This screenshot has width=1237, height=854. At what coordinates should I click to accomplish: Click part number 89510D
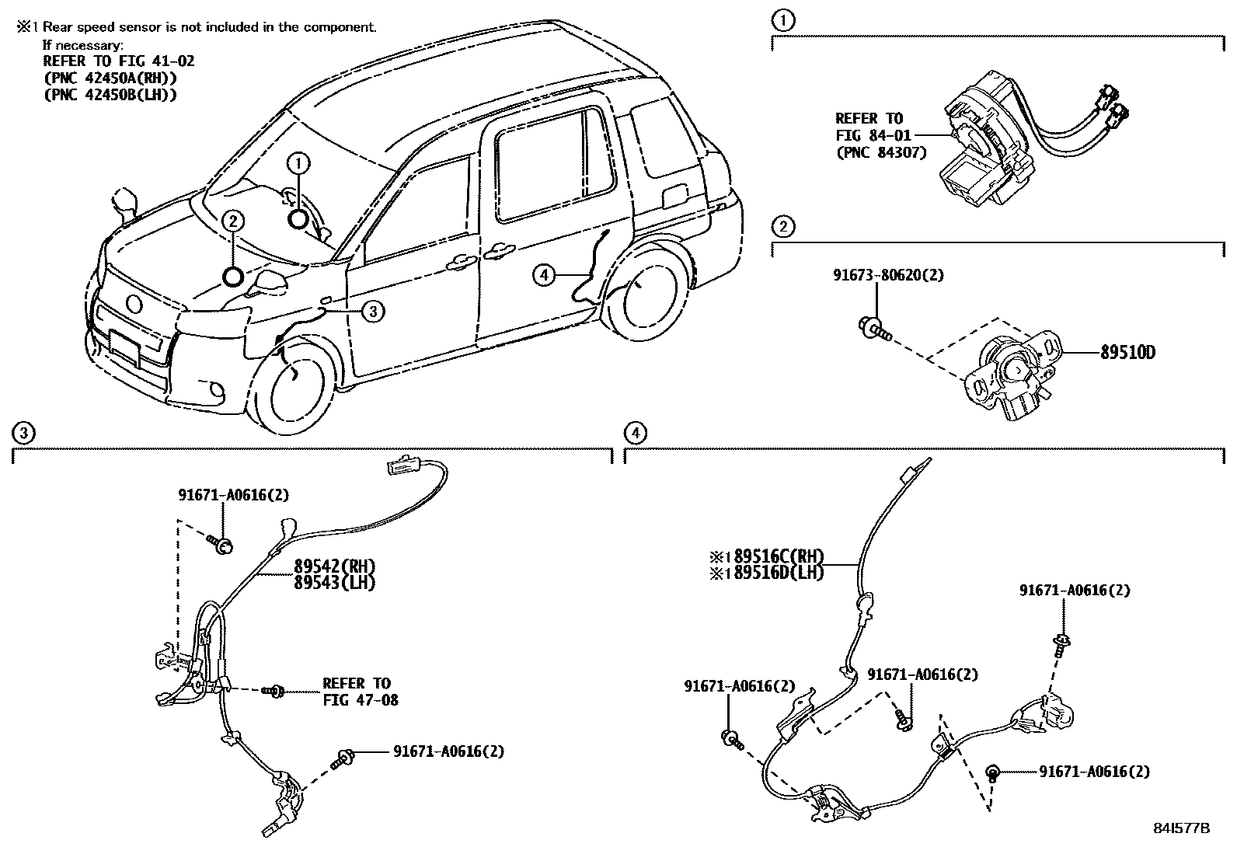point(1127,353)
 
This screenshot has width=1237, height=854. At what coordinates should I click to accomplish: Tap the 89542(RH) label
point(334,566)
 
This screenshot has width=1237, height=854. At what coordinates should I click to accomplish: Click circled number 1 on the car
point(298,163)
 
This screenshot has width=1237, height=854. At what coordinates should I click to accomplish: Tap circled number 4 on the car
point(544,274)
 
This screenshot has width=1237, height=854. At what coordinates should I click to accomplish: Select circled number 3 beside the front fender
point(373,312)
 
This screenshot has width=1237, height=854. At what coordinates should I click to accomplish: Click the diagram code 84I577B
point(1182,828)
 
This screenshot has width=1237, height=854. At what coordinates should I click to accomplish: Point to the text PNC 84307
point(881,152)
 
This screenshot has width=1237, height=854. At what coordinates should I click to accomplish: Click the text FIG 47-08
point(361,700)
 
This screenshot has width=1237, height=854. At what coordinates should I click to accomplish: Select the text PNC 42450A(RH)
point(110,78)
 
